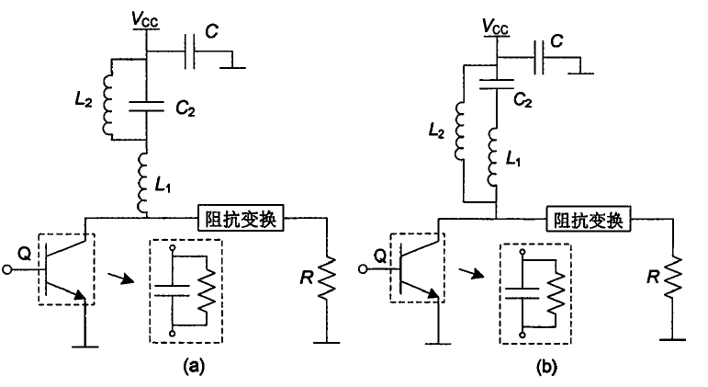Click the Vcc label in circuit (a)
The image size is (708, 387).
tap(148, 16)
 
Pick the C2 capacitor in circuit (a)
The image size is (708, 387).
tap(148, 105)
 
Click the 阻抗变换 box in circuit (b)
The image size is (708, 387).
tap(587, 221)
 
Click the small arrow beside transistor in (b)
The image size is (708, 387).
tap(470, 272)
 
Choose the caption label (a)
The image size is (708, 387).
tap(193, 366)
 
